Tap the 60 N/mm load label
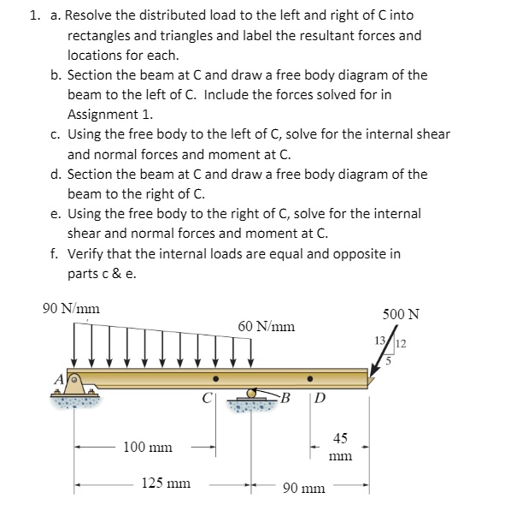coord(267,326)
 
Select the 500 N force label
coord(401,313)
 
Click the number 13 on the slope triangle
coord(381,342)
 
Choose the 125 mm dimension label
coord(166,483)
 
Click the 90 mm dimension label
coord(303,489)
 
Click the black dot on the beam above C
coord(215,379)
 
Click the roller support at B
coord(251,395)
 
